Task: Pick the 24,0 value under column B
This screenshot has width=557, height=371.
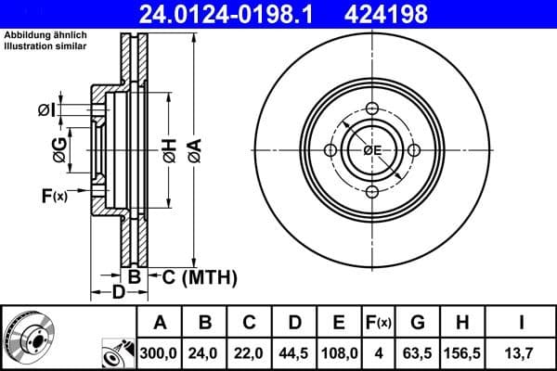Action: [206, 352]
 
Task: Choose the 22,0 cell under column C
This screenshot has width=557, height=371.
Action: [250, 352]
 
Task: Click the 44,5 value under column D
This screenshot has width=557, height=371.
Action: [294, 352]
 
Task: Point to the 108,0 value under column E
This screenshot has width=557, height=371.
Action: [339, 352]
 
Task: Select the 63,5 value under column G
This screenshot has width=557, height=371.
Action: [418, 352]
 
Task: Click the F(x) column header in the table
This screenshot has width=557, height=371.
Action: [379, 323]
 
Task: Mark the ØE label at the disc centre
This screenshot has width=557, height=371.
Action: [372, 150]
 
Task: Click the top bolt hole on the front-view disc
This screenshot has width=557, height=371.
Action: [372, 109]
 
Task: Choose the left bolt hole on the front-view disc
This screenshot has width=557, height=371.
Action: [330, 150]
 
